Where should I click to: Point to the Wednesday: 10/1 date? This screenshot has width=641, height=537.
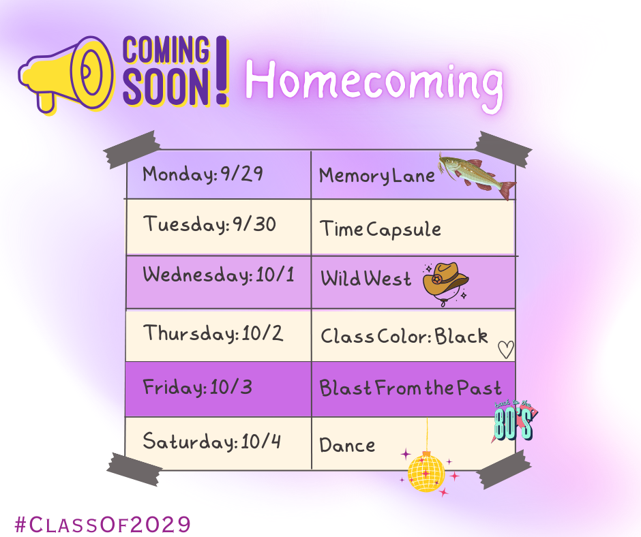coord(218,276)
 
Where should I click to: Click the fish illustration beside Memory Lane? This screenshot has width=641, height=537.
coord(477,176)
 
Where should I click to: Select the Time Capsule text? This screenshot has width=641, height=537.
coord(381,229)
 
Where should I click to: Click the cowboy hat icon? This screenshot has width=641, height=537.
coord(445,280)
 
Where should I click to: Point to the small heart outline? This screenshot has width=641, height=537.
coord(505,350)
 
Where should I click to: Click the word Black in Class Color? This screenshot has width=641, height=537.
coord(462,336)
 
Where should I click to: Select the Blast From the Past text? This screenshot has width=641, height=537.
coord(410,388)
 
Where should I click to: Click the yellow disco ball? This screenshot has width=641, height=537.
coord(426,472)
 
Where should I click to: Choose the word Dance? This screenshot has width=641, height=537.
coord(347,446)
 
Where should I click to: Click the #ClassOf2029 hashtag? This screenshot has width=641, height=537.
coord(102,524)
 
